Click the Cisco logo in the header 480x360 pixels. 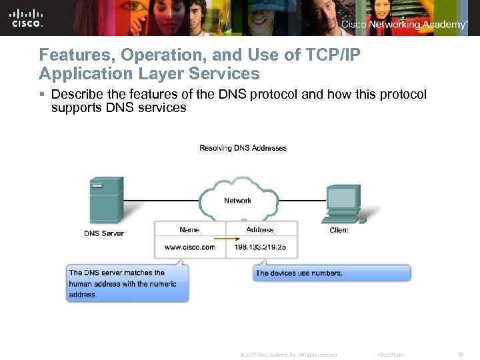[x=27, y=18]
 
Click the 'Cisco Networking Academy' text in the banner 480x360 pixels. [x=404, y=25]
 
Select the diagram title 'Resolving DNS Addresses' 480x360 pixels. [x=243, y=148]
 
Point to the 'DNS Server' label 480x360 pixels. [x=104, y=233]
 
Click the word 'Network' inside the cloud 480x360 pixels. [x=237, y=201]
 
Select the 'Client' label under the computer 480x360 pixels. [x=339, y=230]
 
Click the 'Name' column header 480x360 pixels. [x=189, y=229]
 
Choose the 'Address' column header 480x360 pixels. [x=260, y=229]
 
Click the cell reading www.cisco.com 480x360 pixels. [x=190, y=247]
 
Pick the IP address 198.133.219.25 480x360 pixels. [x=260, y=247]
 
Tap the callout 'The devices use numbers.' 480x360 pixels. [x=299, y=273]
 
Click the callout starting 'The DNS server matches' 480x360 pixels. [x=127, y=283]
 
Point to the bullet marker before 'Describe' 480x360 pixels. [x=43, y=95]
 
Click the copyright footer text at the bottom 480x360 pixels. [x=288, y=355]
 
